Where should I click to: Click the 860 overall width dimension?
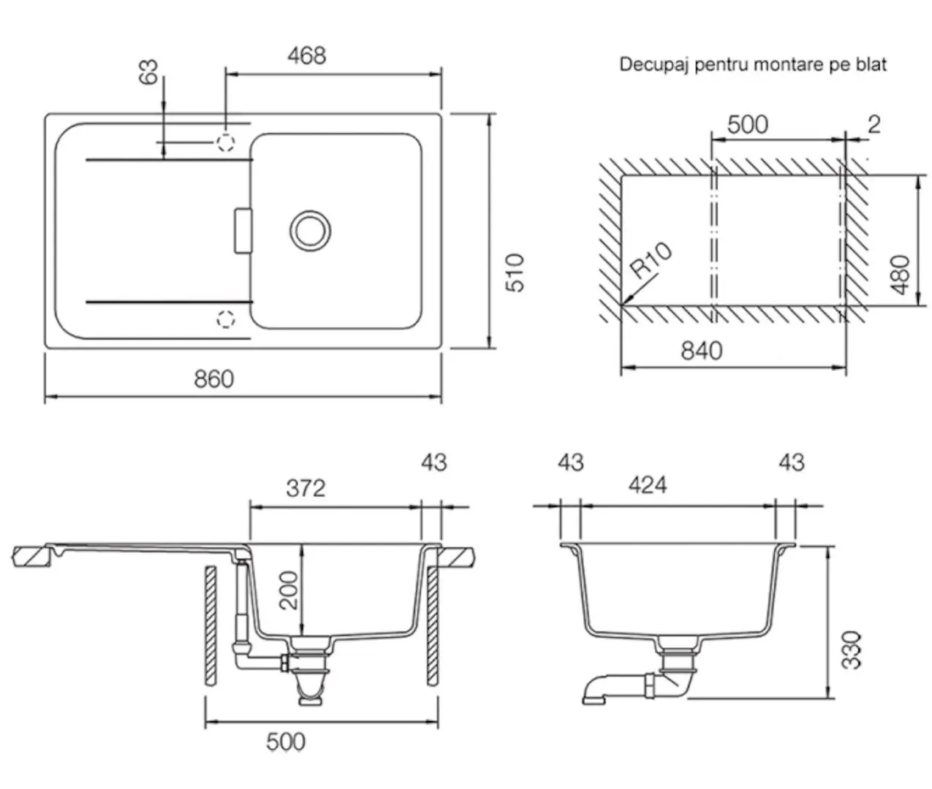pos(213,379)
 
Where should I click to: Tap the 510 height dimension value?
pos(515,272)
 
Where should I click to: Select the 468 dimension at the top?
pos(306,56)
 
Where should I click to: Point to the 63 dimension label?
pos(148,71)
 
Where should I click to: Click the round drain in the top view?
pos(310,229)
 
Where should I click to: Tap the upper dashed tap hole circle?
pos(226,142)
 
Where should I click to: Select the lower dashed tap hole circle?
pos(226,318)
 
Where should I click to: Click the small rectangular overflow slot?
pos(243,231)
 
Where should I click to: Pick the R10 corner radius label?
pos(651,261)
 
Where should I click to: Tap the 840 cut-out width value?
pos(701,351)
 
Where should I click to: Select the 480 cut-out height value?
pos(901,274)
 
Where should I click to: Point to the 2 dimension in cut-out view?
pos(874,125)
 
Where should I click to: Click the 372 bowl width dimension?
pos(306,488)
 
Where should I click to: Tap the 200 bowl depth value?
pos(290,590)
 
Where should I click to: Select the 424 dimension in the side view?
pos(647,485)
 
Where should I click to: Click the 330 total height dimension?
pos(851,649)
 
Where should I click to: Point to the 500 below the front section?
pos(285,742)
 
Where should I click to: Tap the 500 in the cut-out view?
pos(748,125)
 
